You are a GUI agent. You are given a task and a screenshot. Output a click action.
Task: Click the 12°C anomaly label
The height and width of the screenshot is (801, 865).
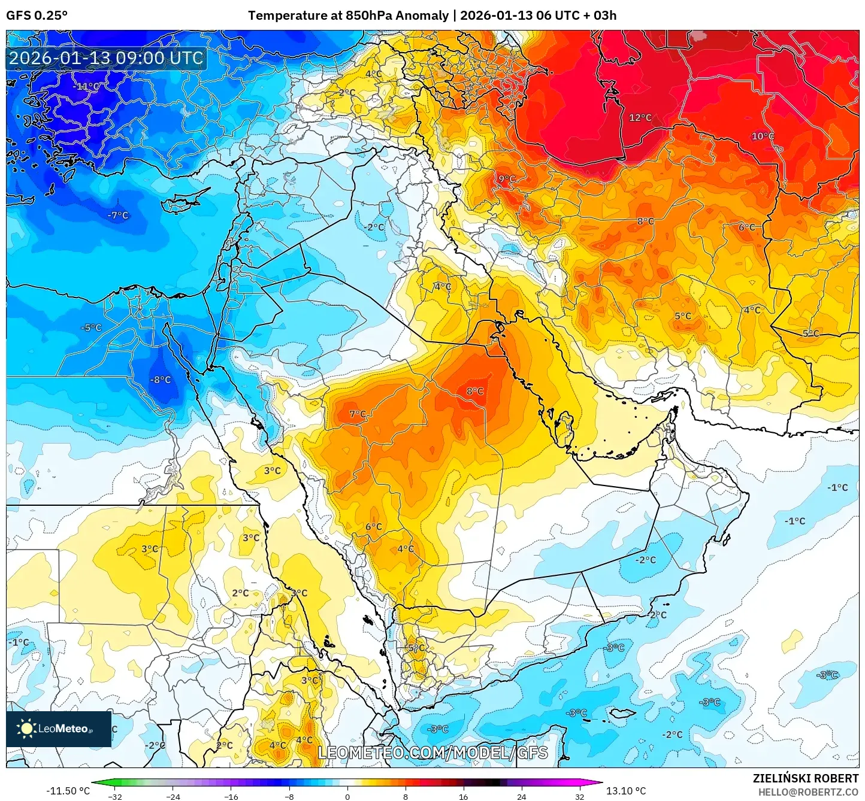point(640,118)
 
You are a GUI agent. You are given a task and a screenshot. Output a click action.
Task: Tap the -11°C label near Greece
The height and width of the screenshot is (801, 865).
point(86,86)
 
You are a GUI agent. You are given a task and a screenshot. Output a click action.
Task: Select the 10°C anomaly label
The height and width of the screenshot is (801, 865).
point(763,136)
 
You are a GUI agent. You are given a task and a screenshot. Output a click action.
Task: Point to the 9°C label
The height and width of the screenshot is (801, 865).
point(507,179)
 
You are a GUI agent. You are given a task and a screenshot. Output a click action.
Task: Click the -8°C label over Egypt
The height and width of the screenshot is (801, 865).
point(160,380)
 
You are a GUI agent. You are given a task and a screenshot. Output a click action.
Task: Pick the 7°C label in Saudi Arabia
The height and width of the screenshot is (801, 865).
point(358,414)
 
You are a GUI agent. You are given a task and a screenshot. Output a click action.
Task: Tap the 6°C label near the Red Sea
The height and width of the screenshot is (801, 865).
point(373,527)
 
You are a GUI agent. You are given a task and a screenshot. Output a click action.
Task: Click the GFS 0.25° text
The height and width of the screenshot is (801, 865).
point(37,16)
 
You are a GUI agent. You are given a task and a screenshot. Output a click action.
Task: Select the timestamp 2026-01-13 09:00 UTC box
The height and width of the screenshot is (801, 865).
point(106,58)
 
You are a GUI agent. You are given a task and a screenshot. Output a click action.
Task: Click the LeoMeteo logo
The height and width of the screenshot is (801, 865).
point(58,729)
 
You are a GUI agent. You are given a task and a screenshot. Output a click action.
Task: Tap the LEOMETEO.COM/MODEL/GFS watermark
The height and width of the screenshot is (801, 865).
point(432,753)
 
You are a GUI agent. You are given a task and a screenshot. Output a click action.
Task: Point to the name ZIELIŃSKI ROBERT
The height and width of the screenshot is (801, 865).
point(805,778)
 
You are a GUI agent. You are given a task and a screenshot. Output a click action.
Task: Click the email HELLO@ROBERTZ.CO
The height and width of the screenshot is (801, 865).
point(807,792)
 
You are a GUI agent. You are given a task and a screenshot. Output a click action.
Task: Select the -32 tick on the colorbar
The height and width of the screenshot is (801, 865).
point(115,796)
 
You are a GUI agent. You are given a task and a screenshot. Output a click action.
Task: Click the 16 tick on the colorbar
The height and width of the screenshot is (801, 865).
point(463,796)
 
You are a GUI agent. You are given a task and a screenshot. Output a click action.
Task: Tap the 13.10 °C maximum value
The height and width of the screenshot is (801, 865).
point(626,791)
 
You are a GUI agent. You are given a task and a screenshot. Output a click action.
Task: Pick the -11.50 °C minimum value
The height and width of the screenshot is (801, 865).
point(68,791)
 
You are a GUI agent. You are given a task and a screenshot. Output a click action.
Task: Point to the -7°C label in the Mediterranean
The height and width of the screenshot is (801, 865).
point(117,216)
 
